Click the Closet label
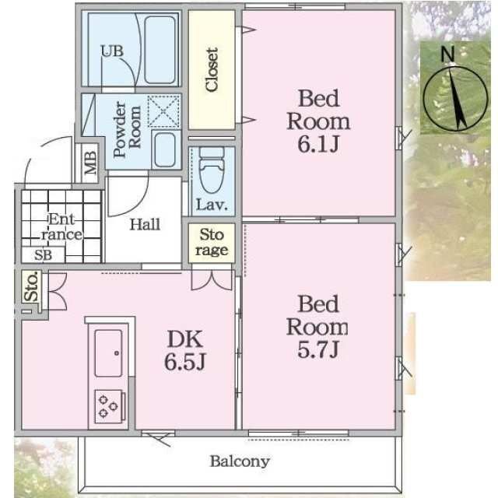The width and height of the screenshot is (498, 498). tap(212, 70)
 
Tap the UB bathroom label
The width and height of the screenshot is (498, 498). tap(110, 52)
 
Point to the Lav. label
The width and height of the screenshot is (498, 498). tap(212, 206)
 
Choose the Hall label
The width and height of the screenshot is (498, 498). tap(145, 225)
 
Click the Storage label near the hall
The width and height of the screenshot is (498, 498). tap(212, 242)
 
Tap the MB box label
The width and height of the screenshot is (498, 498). tap(91, 163)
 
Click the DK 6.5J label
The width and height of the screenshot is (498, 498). tap(185, 350)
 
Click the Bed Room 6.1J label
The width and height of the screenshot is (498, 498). tap(318, 121)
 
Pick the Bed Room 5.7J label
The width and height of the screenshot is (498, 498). tap(318, 326)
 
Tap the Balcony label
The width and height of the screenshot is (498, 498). tap(239, 461)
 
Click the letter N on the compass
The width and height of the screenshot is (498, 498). tap(446, 53)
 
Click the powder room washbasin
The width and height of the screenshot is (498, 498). tap(164, 148)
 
